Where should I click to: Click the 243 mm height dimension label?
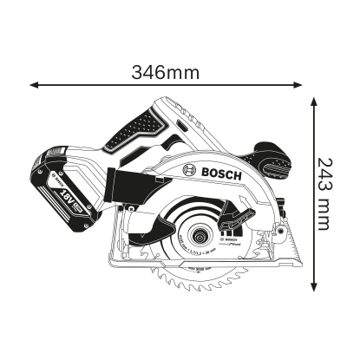323,193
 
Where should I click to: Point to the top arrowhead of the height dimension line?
314,99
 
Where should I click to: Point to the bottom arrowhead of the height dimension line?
314,287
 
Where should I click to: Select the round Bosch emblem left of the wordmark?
190,173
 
